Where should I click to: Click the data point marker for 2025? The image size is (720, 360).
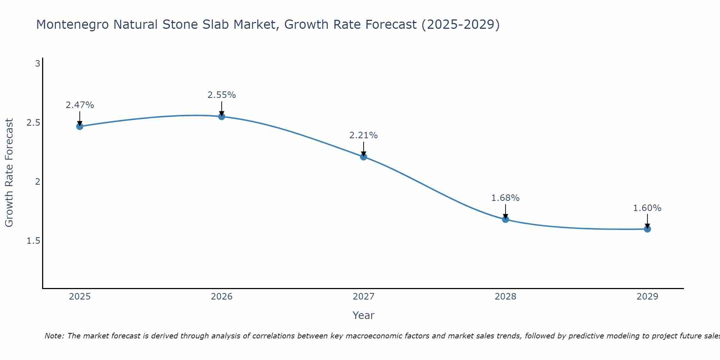[80, 126]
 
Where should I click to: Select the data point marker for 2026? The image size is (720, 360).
[222, 117]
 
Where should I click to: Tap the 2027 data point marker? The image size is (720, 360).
[364, 157]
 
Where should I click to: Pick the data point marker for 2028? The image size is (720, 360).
[505, 219]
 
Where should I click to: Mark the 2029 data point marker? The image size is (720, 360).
[647, 229]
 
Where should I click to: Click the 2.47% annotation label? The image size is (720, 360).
[80, 105]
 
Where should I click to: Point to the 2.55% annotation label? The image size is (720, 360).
[222, 95]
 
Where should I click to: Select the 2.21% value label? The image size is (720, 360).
[364, 135]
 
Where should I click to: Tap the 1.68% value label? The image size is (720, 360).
[505, 198]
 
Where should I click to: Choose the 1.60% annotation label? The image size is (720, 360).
[647, 208]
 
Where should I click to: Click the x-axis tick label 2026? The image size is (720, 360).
[222, 297]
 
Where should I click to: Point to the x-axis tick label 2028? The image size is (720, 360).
[505, 297]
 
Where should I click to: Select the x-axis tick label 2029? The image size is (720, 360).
[647, 297]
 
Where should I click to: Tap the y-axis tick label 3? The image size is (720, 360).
[37, 64]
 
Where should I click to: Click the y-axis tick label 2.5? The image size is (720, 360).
[33, 123]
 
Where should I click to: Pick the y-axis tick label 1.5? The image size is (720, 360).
[33, 240]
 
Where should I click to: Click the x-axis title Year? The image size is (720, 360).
[364, 315]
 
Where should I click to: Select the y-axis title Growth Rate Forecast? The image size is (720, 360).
[9, 173]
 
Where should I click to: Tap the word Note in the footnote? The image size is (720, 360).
[54, 336]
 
